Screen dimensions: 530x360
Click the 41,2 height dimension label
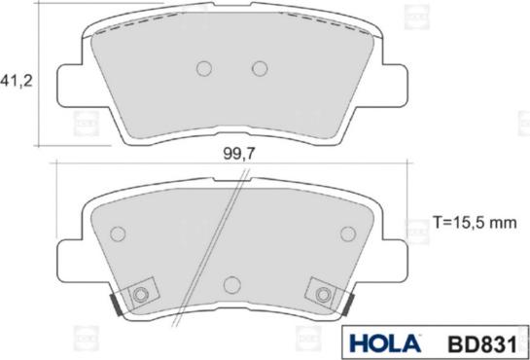16,81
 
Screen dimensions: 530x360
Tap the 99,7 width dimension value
238,155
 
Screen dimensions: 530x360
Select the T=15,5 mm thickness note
475,223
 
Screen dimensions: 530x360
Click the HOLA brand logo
384,343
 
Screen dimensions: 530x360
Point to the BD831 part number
482,344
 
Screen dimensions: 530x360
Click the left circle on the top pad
204,69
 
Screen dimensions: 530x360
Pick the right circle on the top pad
260,69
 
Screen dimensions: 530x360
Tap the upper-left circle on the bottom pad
118,234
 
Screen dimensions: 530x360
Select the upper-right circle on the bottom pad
348,234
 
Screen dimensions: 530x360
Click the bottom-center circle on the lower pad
232,284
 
